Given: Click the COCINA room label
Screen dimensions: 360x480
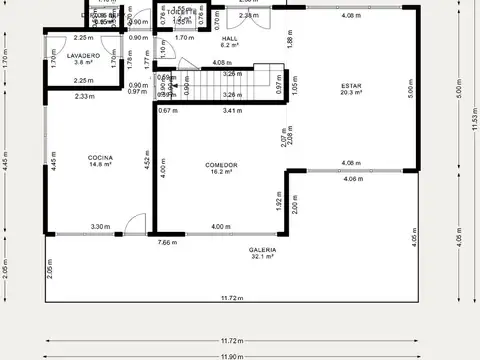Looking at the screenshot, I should click(x=100, y=157).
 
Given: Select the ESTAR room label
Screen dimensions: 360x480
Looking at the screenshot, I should click(x=351, y=85).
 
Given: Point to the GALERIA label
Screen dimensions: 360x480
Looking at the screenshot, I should click(x=262, y=249).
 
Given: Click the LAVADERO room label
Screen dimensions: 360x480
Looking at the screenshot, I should click(x=84, y=55).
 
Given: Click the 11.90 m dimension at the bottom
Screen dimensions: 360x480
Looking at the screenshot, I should click(x=232, y=355).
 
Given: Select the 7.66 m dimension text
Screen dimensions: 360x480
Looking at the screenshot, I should click(x=167, y=242).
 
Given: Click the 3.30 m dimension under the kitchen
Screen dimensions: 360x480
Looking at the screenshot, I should click(x=100, y=227).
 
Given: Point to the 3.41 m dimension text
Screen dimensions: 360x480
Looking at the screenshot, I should click(x=232, y=110).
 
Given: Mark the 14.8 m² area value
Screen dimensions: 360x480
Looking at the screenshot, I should click(x=100, y=165).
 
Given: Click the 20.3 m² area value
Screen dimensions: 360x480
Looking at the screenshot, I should click(x=351, y=93).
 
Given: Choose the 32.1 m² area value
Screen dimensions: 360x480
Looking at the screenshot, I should click(x=262, y=257).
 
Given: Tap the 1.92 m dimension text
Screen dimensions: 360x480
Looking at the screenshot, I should click(x=279, y=204).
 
